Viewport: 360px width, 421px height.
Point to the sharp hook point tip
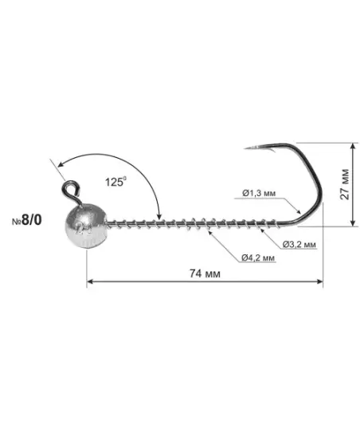pyautogui.click(x=245, y=148)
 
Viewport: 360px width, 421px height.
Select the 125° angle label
pyautogui.click(x=115, y=182)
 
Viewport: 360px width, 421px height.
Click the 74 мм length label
pyautogui.click(x=205, y=273)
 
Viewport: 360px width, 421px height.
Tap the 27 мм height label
pyautogui.click(x=345, y=184)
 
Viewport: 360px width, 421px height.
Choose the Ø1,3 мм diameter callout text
pyautogui.click(x=259, y=193)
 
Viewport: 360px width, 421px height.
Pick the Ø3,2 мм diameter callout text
pyautogui.click(x=299, y=244)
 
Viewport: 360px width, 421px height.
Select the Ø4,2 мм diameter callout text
pyautogui.click(x=258, y=258)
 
